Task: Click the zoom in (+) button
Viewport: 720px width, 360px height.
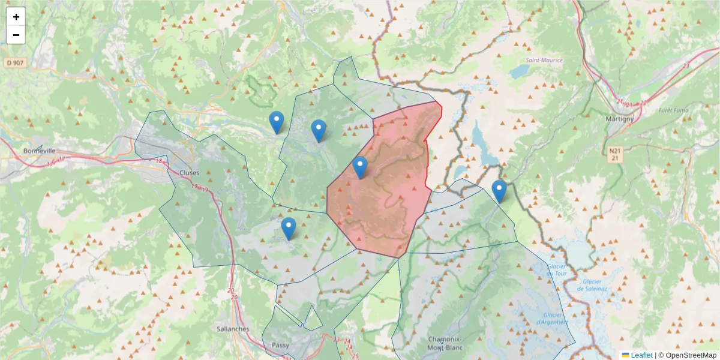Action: [x=16, y=17]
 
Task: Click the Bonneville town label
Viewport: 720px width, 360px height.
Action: [x=39, y=151]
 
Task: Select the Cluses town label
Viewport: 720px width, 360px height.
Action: [x=189, y=172]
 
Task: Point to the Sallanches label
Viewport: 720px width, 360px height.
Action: [x=232, y=329]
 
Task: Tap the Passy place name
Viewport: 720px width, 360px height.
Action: [x=280, y=345]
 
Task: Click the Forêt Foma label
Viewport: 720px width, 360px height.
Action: [x=673, y=110]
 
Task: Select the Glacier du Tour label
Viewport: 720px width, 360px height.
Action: [x=557, y=270]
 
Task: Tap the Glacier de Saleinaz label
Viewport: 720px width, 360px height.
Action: [x=593, y=284]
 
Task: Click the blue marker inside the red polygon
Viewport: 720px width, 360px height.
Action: [x=360, y=167]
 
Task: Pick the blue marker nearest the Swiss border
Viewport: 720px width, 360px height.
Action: [x=499, y=191]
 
